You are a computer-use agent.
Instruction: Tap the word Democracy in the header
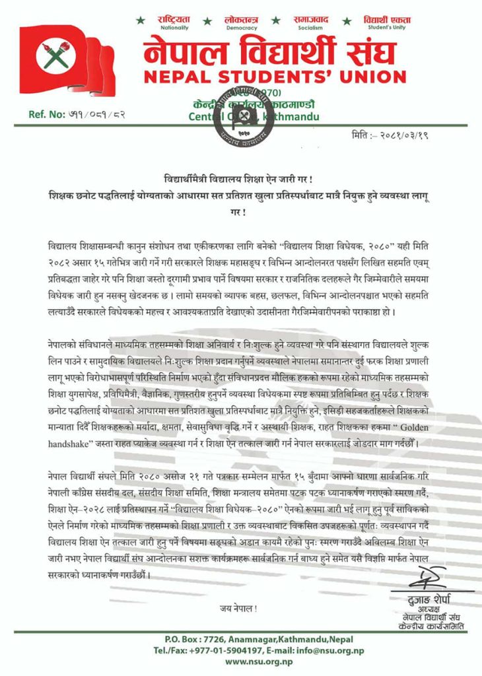[242, 28]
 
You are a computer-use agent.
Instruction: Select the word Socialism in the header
[310, 28]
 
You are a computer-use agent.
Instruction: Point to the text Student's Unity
[384, 28]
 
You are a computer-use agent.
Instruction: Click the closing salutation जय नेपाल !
[238, 607]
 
